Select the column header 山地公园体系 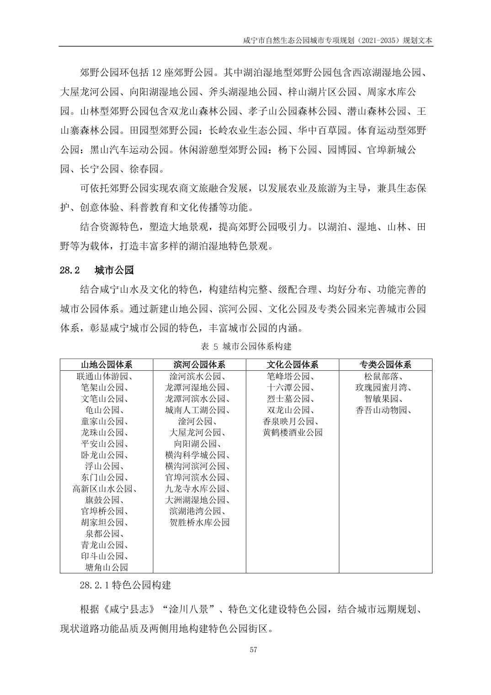point(107,364)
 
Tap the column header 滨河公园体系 point(199,364)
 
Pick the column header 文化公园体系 point(292,364)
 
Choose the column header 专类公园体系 point(385,364)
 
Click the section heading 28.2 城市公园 point(97,271)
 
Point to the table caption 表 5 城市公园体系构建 point(245,346)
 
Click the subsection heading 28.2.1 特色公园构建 point(125,585)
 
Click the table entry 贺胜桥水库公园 point(199,523)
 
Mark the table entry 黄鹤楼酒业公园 point(292,433)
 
